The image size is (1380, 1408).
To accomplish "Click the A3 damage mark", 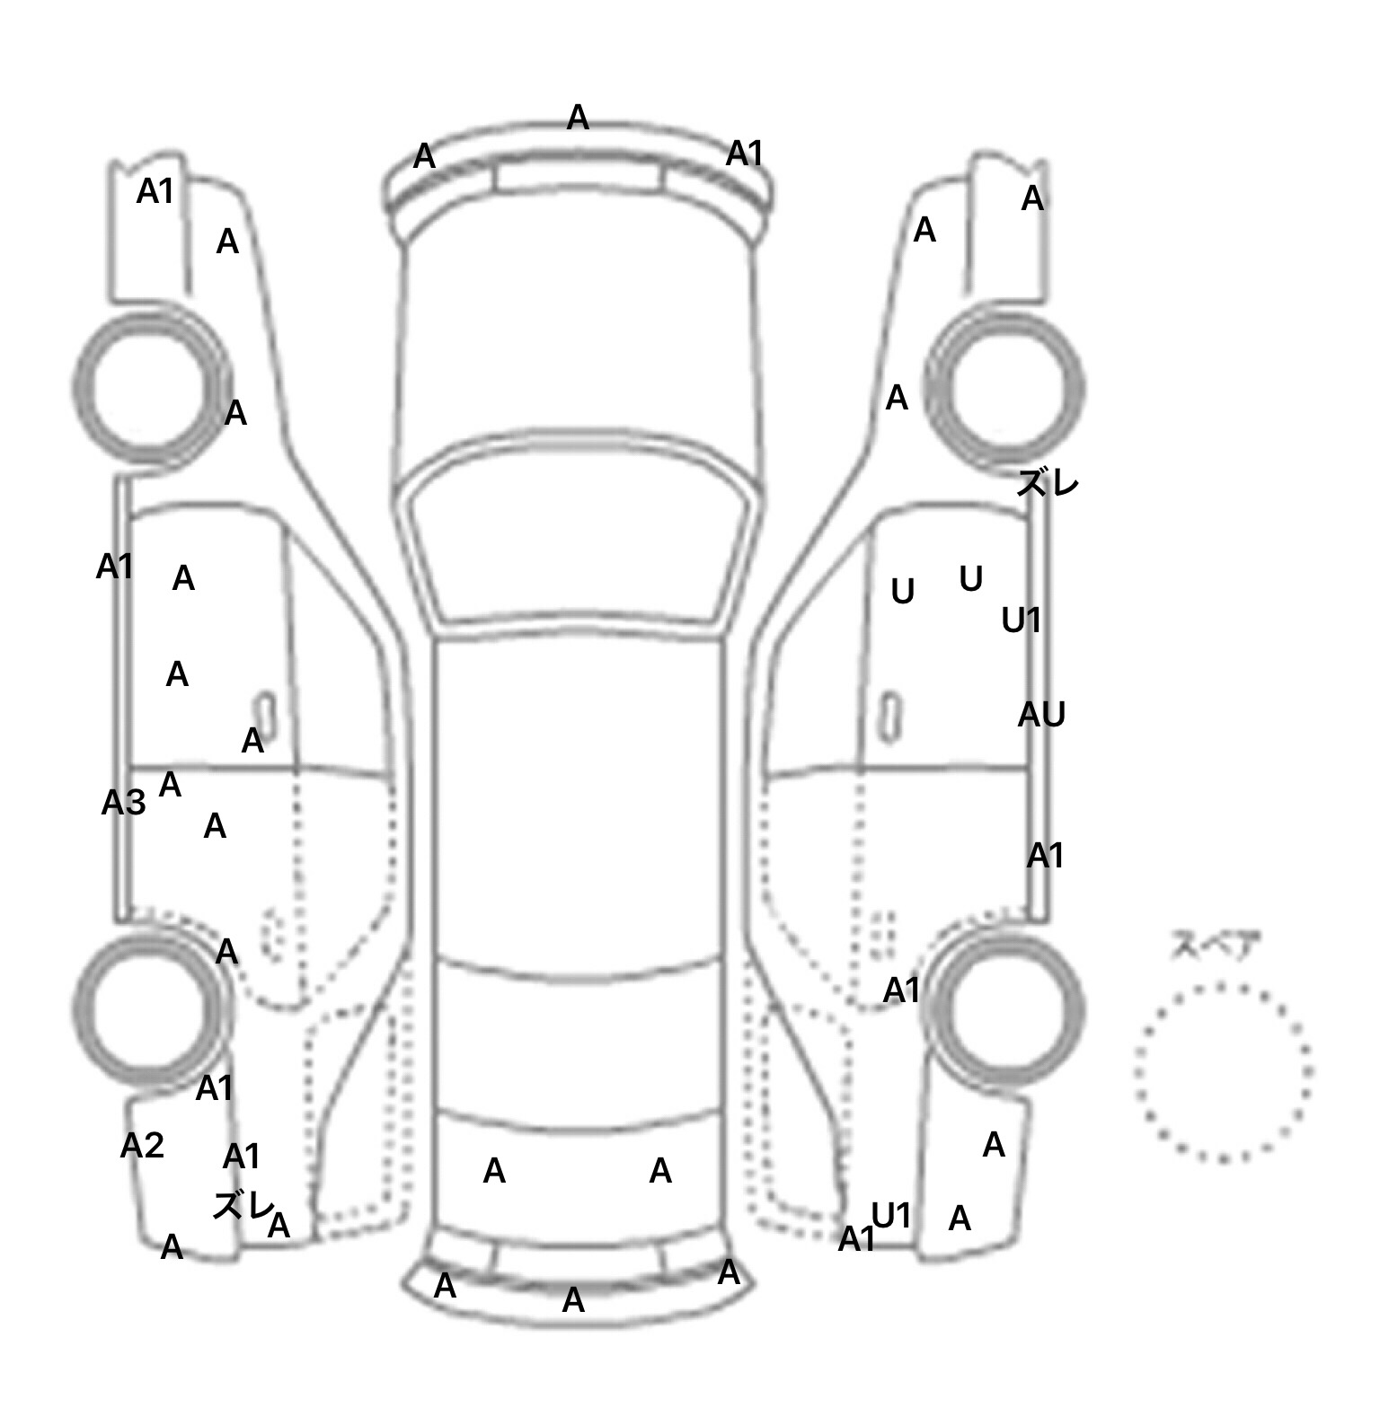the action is pyautogui.click(x=123, y=802).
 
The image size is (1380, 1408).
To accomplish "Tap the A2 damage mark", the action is pyautogui.click(x=142, y=1145).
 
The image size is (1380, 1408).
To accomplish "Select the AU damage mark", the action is pyautogui.click(x=1041, y=715).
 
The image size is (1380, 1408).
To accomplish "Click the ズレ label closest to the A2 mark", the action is pyautogui.click(x=242, y=1205).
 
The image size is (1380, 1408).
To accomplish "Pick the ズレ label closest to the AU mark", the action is pyautogui.click(x=1047, y=484).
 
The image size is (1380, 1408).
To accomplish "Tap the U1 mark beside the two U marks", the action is pyautogui.click(x=1022, y=620).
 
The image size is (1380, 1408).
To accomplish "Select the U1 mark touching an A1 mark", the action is pyautogui.click(x=892, y=1216).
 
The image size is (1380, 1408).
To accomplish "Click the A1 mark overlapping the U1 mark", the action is pyautogui.click(x=856, y=1239).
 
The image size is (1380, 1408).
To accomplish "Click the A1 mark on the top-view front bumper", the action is pyautogui.click(x=745, y=154).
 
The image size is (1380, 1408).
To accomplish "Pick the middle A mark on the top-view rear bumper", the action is pyautogui.click(x=573, y=1299).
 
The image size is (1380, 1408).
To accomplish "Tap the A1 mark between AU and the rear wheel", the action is pyautogui.click(x=1046, y=856).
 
